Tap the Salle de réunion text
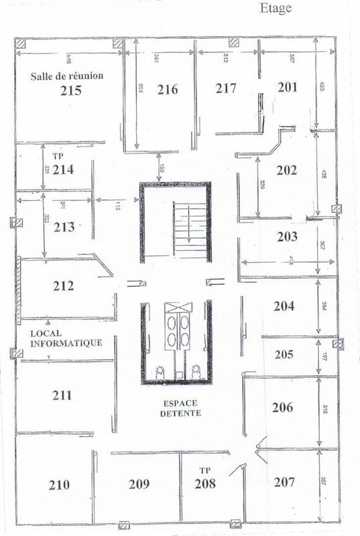67,76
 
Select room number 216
167,90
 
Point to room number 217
227,88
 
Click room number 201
287,87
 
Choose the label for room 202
286,170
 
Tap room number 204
284,306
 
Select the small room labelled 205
285,354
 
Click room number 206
284,407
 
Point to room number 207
285,481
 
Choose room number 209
139,484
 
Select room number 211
62,395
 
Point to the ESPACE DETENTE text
181,408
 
